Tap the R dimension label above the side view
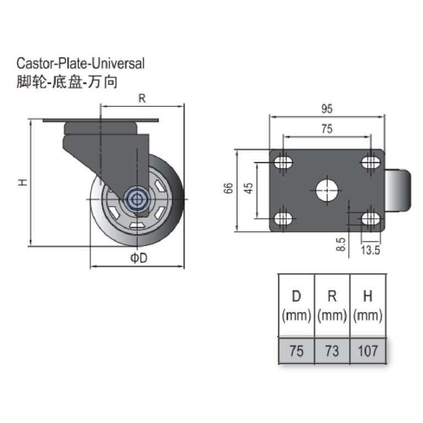click(142, 99)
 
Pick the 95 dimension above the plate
click(326, 109)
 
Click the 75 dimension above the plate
click(326, 129)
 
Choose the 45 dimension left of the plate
click(248, 188)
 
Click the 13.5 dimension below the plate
click(370, 251)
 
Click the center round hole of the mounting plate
click(327, 189)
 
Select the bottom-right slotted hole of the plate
click(370, 218)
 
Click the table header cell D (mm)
click(296, 306)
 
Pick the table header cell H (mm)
click(368, 306)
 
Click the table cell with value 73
click(332, 351)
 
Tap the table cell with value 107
click(368, 351)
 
